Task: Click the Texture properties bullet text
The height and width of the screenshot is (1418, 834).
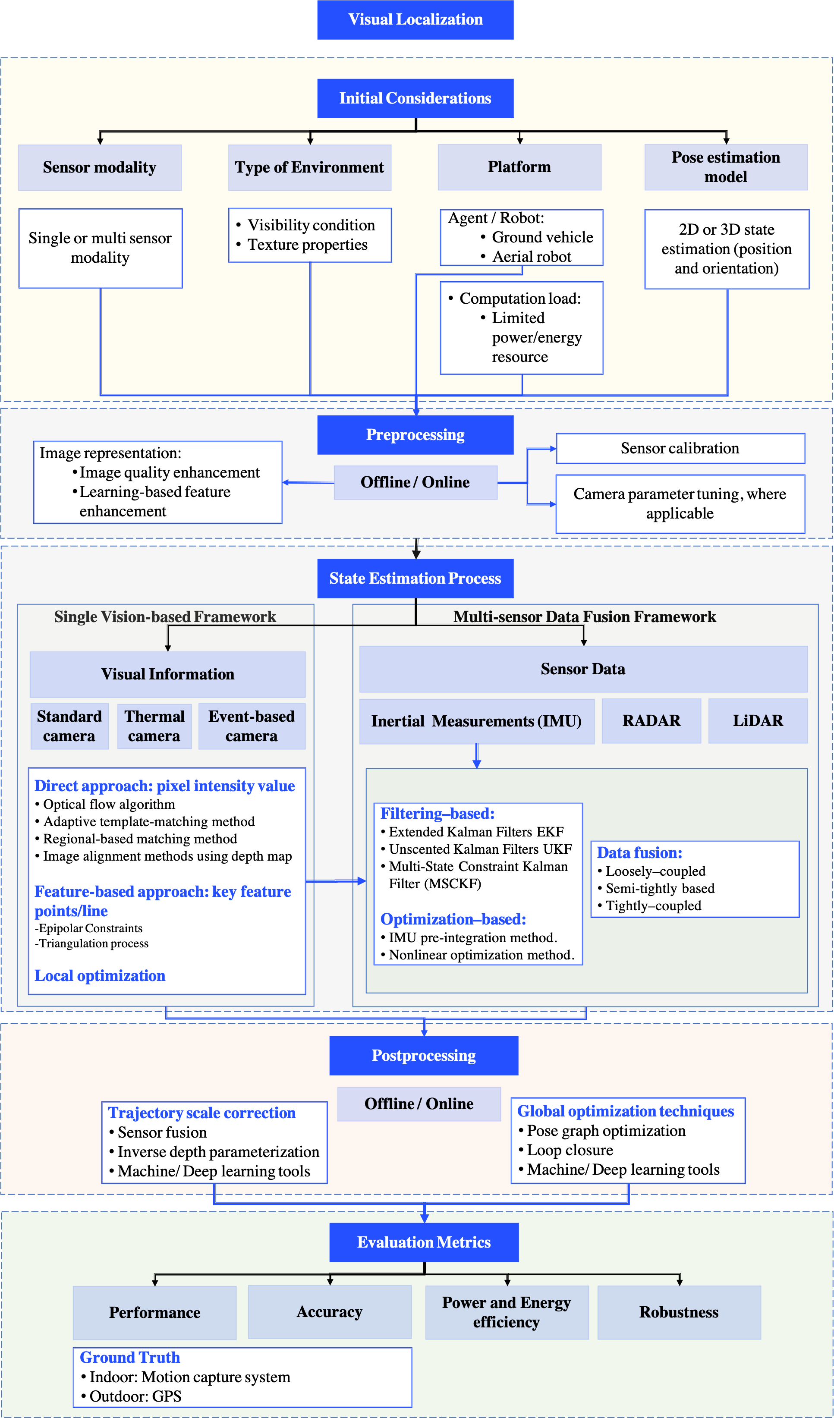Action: click(307, 245)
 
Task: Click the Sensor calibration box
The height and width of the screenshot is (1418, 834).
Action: click(680, 449)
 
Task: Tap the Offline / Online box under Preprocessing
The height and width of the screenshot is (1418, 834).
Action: click(415, 482)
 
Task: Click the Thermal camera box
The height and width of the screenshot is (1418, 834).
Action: click(154, 726)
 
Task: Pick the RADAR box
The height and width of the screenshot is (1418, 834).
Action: click(651, 721)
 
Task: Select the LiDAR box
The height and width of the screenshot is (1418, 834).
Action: click(758, 721)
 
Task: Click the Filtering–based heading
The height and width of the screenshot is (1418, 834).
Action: click(437, 814)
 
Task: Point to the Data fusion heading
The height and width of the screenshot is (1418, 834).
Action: click(639, 853)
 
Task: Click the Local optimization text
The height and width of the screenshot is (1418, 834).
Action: click(100, 976)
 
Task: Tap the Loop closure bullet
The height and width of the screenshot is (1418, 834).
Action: click(570, 1150)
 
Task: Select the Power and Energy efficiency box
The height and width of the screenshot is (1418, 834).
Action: click(507, 1312)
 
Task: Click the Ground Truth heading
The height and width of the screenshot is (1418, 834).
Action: click(129, 1358)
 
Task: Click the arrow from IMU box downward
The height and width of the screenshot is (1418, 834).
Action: click(477, 756)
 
